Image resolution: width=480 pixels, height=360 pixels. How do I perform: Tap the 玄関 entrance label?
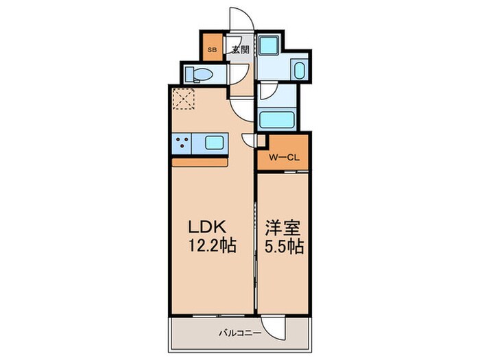[239, 49]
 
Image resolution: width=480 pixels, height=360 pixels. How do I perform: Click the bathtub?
[276, 120]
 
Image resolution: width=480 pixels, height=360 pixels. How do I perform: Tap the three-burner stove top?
[182, 143]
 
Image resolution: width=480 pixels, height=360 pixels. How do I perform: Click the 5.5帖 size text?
[282, 245]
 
